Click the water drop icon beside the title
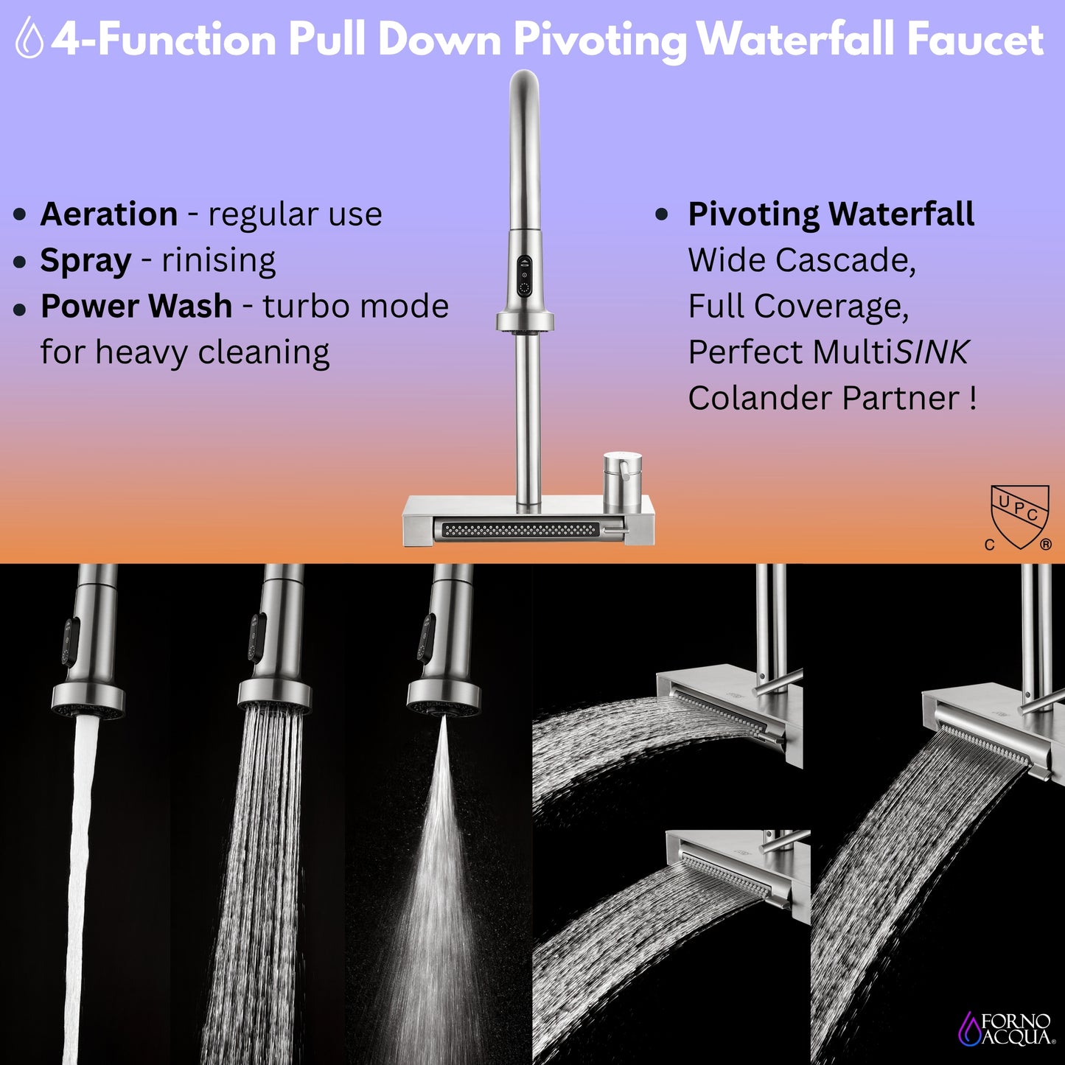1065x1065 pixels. [29, 38]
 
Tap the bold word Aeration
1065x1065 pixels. [108, 214]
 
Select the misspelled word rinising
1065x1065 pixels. [218, 261]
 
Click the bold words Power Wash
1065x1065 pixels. [136, 307]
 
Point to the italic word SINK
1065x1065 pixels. [931, 352]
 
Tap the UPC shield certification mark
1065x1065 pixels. [1019, 517]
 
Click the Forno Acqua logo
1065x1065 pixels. [1007, 1029]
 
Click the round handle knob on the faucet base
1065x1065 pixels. [622, 479]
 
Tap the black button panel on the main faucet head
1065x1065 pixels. [524, 276]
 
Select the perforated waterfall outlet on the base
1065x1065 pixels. [520, 530]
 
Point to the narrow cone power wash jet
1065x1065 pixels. [439, 848]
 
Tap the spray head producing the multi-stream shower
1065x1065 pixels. [274, 663]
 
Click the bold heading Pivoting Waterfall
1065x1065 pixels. [831, 214]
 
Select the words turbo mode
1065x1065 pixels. [355, 307]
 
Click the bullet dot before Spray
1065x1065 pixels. [20, 262]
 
